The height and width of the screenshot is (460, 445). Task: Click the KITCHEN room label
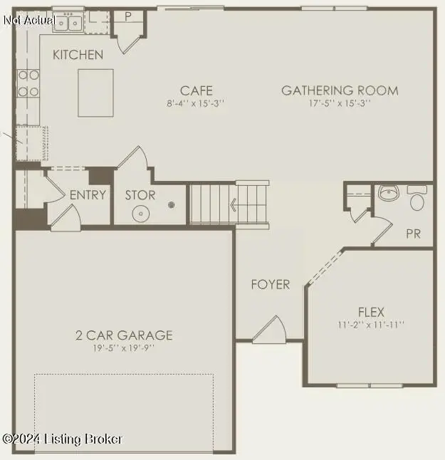point(78,55)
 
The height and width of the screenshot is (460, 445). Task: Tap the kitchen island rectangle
point(97,93)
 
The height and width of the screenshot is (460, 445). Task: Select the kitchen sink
point(66,23)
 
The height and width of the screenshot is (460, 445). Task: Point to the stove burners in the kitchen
point(28,83)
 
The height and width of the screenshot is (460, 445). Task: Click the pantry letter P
point(128,16)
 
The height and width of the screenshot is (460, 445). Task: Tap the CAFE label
point(197,90)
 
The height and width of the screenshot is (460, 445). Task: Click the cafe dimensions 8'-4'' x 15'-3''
point(197,103)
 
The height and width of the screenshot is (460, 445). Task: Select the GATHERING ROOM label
point(340,90)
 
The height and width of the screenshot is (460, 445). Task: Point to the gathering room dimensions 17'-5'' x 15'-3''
point(340,103)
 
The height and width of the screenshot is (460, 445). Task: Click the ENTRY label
point(88,195)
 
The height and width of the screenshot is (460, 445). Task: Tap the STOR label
point(140,195)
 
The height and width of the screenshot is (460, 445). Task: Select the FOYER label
point(271,284)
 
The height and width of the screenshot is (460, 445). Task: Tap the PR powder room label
point(413,234)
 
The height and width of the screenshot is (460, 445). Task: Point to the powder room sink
point(388,193)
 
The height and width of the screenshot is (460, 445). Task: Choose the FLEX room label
point(371,312)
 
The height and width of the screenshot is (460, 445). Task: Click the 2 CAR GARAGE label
point(125,335)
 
